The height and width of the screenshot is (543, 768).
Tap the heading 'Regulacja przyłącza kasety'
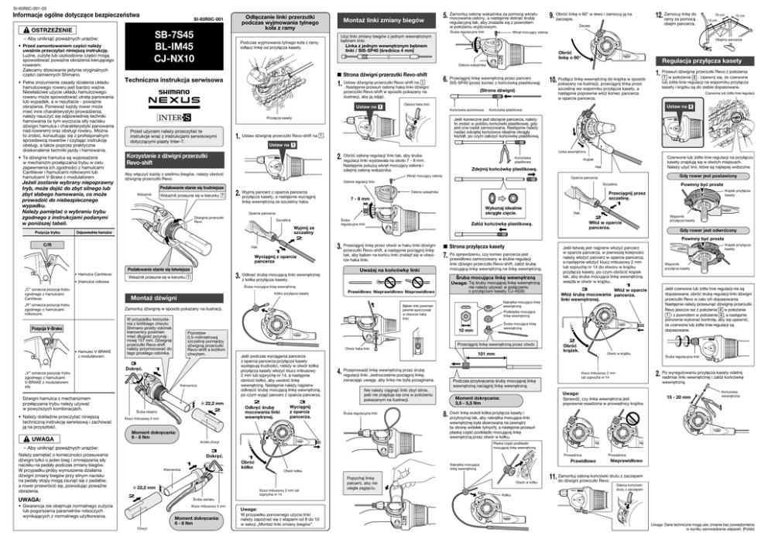705,60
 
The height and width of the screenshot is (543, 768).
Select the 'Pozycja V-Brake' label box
46,328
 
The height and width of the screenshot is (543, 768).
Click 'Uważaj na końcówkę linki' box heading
378,269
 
